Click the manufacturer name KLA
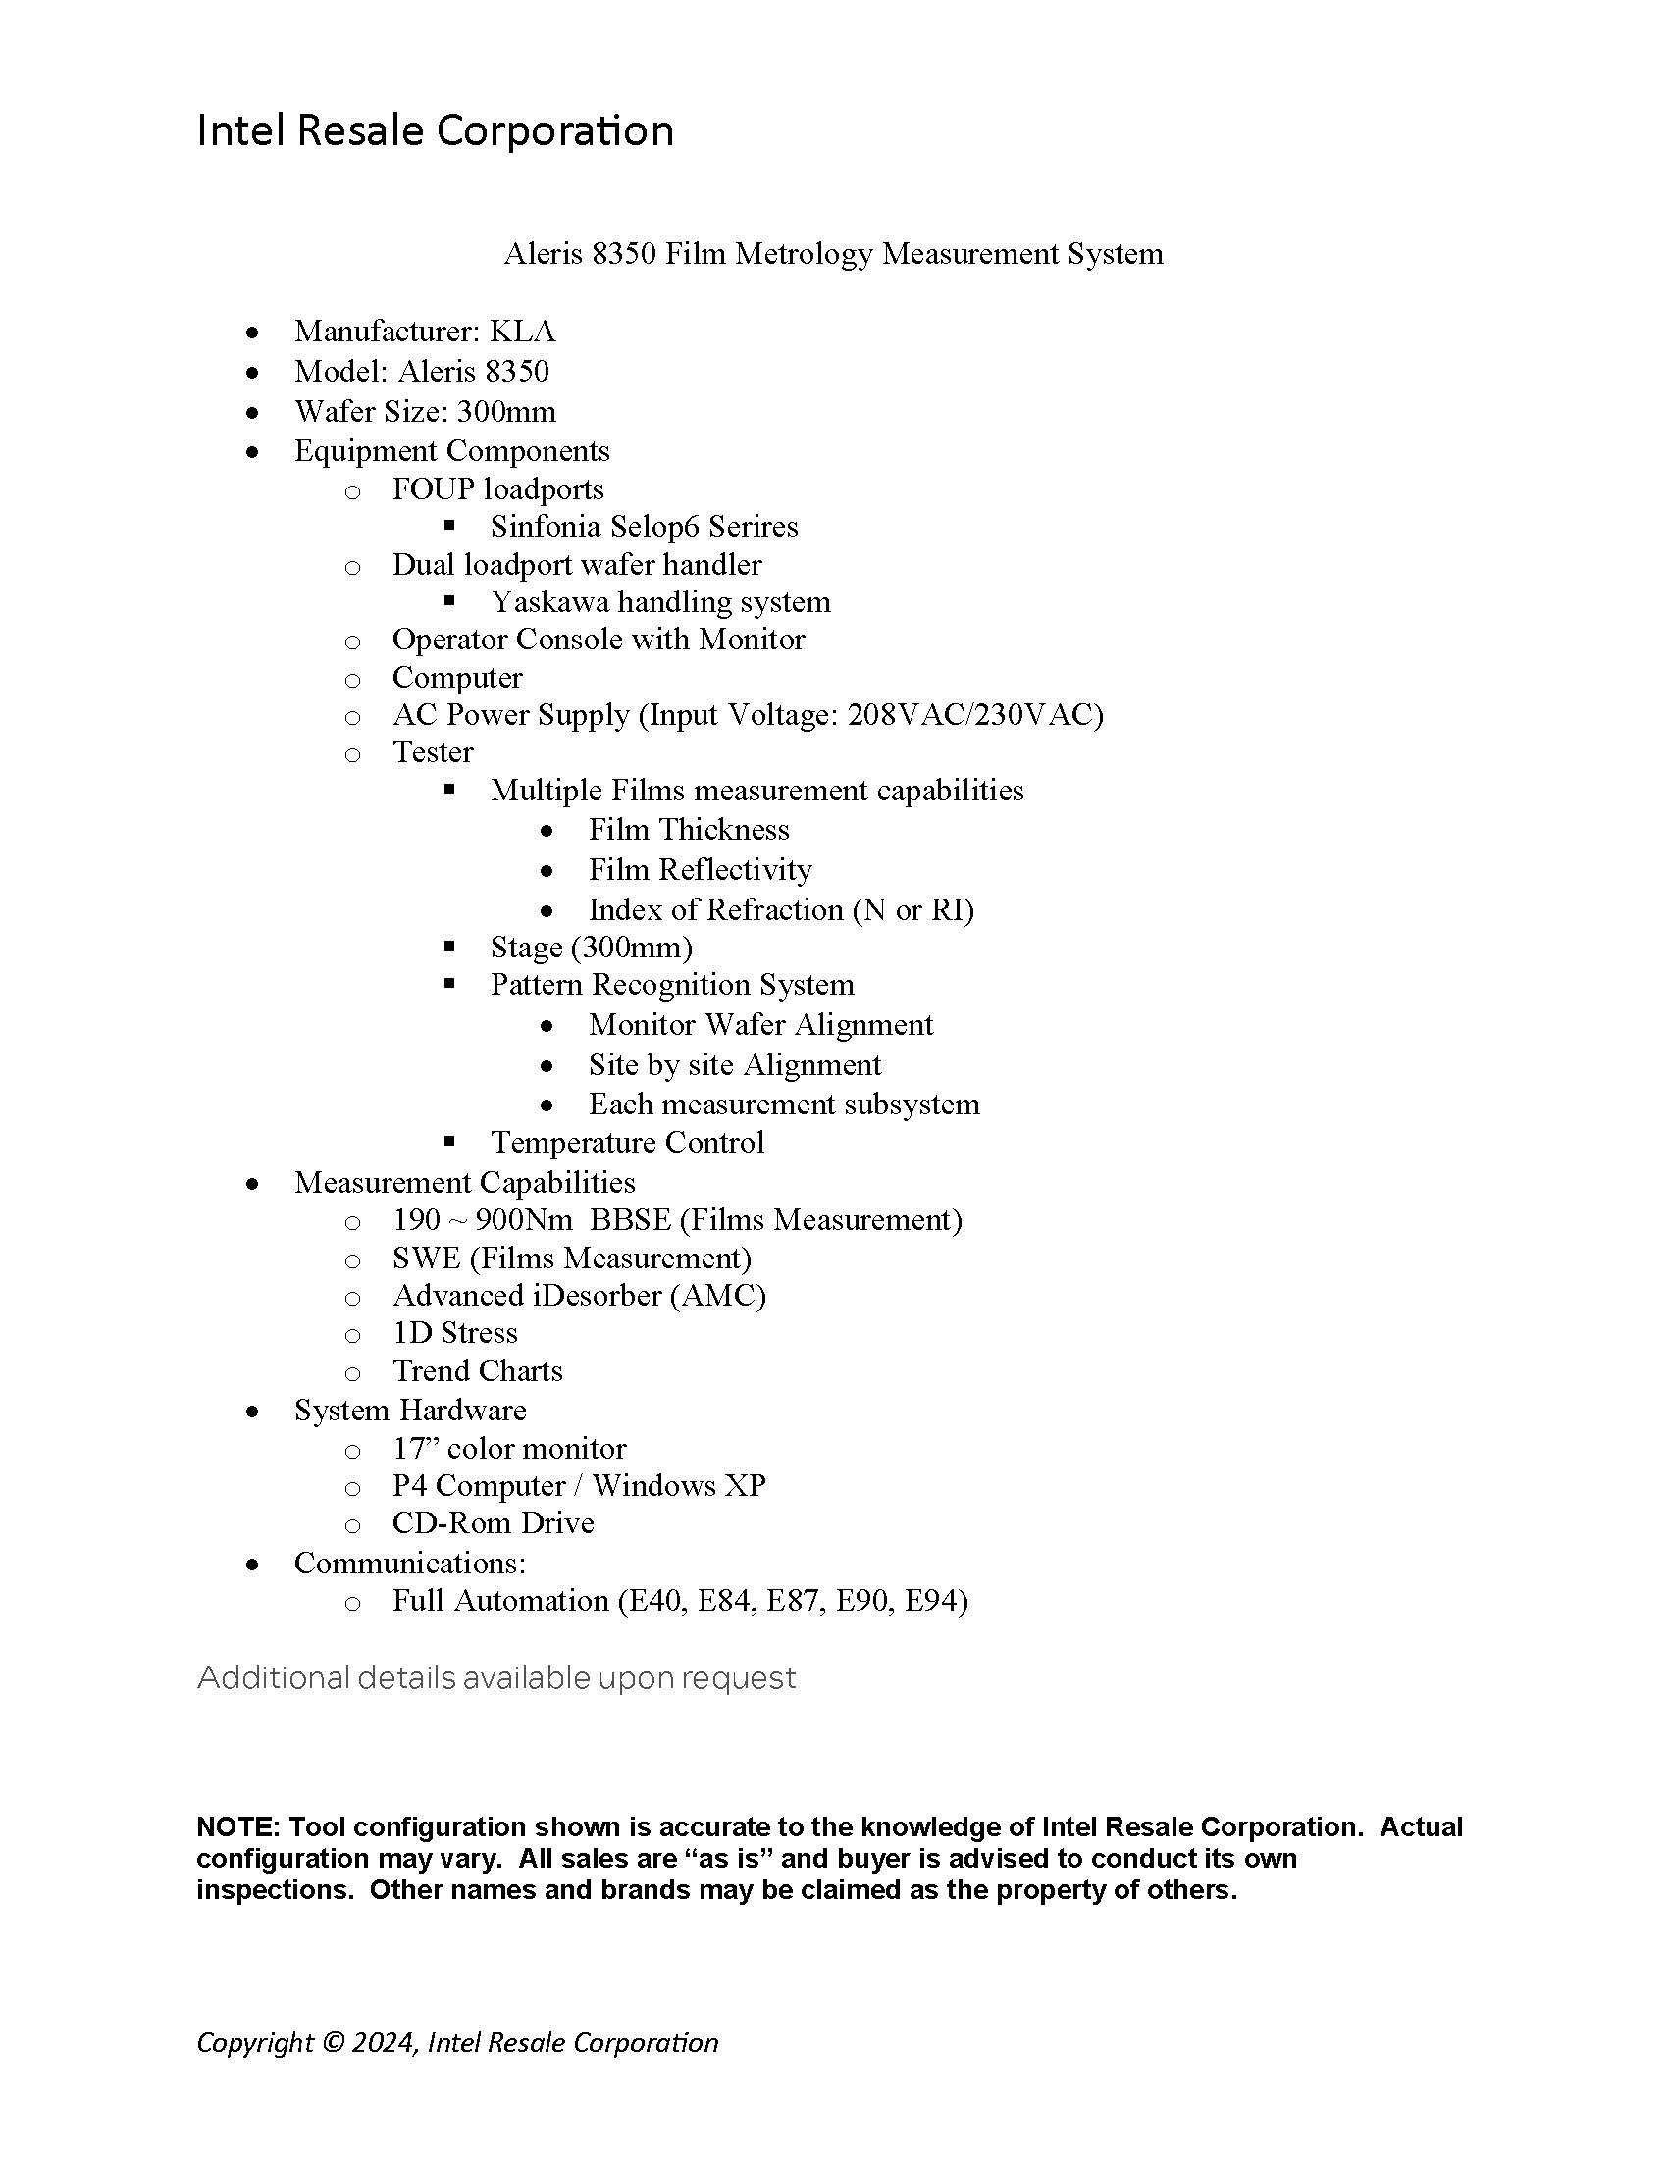pos(523,331)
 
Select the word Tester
pos(433,752)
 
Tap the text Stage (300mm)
pos(591,948)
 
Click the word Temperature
pos(573,1142)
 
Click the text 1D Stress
pos(454,1333)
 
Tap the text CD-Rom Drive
pos(494,1522)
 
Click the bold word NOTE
pos(238,1827)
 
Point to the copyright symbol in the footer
pos(334,2042)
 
